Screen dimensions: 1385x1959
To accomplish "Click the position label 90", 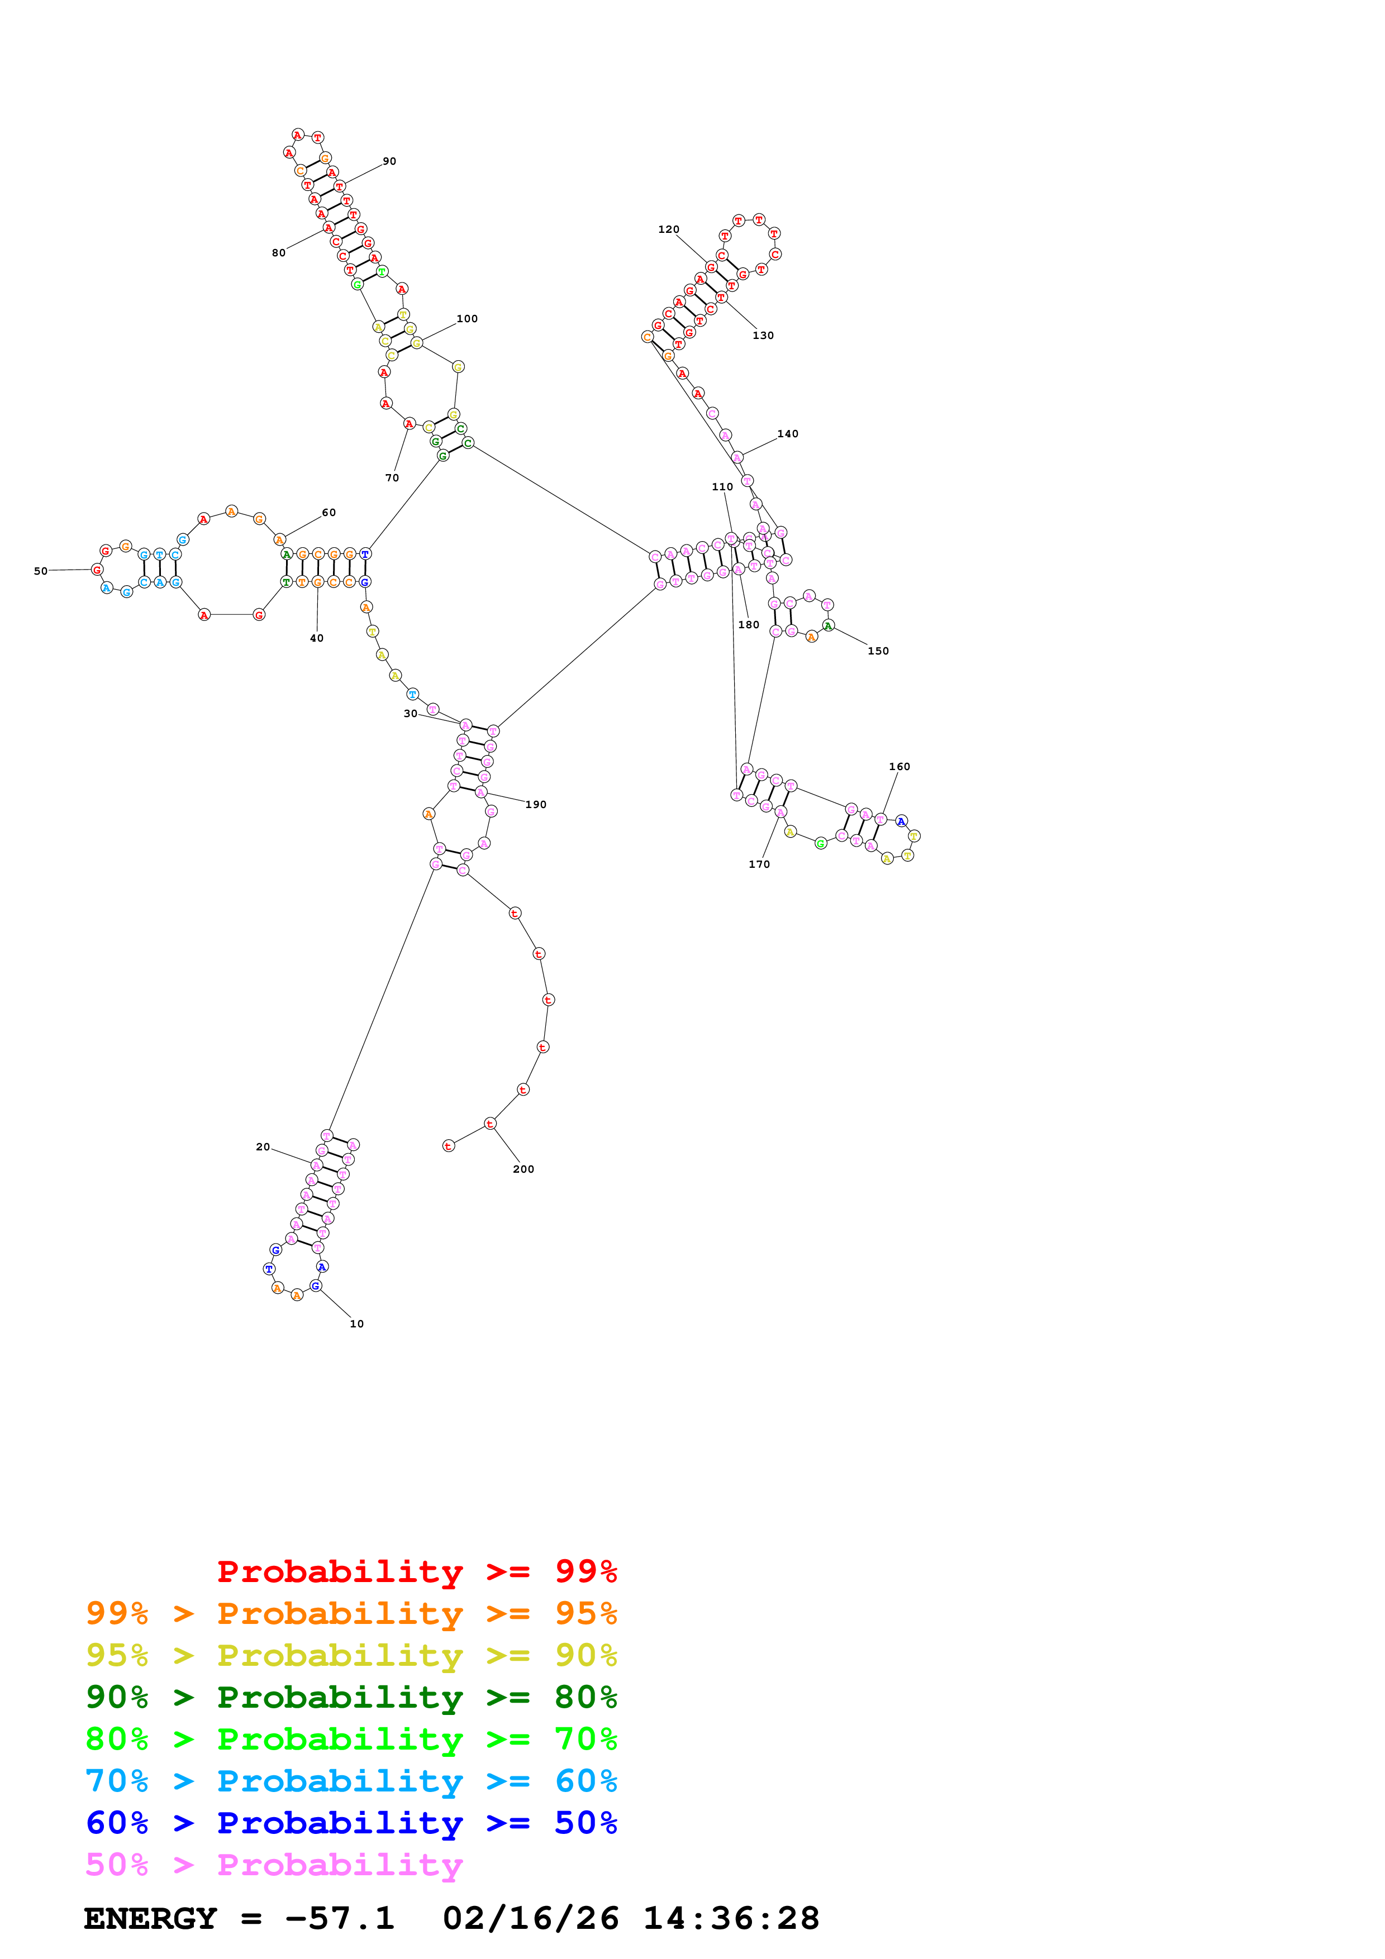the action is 389,161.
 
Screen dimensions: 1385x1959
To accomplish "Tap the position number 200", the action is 523,1169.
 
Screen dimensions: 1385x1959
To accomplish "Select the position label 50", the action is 41,571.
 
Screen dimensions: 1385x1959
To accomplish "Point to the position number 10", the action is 356,1323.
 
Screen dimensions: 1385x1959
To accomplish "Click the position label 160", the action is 899,766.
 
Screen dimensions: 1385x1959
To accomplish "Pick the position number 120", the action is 668,230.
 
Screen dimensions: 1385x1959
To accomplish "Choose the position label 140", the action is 788,433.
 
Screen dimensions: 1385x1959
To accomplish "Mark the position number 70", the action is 392,478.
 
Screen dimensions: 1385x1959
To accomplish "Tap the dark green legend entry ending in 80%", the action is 351,1697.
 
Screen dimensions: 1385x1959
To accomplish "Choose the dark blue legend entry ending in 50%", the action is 351,1823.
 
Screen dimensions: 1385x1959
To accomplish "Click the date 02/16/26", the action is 530,1918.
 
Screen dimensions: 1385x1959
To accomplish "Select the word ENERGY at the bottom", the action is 150,1918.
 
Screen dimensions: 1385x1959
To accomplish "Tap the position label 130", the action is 763,335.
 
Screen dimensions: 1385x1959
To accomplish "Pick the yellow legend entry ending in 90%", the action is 351,1655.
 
